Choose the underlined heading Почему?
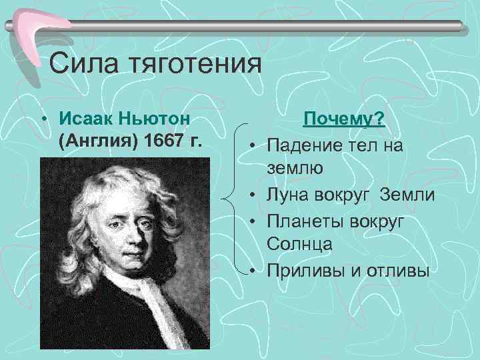(x=343, y=119)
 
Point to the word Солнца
(x=300, y=245)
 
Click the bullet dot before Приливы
(x=255, y=271)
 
